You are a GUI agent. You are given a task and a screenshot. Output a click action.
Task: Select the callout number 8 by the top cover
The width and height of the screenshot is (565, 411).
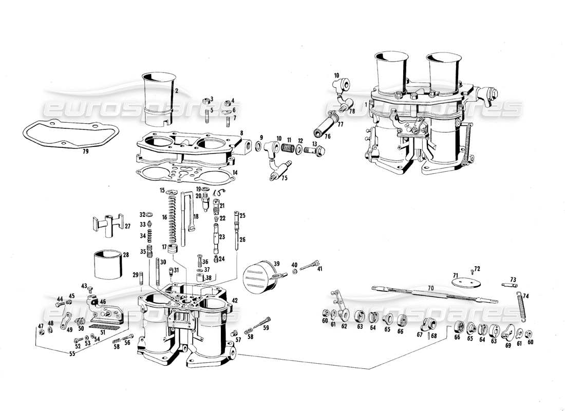pyautogui.click(x=240, y=133)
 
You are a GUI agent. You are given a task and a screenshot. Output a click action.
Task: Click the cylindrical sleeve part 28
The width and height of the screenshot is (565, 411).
pyautogui.click(x=109, y=265)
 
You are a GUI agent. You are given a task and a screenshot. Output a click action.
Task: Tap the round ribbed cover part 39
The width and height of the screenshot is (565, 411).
pyautogui.click(x=259, y=277)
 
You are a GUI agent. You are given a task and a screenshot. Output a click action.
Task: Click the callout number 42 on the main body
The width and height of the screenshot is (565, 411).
pyautogui.click(x=235, y=301)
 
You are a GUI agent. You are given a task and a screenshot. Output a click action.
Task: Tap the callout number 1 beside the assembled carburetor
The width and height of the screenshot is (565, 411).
pyautogui.click(x=366, y=104)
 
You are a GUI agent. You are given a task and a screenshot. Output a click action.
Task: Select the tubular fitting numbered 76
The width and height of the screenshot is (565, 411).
pyautogui.click(x=326, y=128)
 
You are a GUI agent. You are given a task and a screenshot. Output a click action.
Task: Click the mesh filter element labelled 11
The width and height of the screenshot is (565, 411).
pyautogui.click(x=289, y=148)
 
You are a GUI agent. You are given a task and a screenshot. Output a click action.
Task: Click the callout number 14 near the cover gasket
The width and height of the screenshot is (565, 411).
pyautogui.click(x=235, y=173)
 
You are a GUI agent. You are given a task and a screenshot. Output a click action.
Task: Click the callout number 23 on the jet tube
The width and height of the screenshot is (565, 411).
pyautogui.click(x=222, y=237)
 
